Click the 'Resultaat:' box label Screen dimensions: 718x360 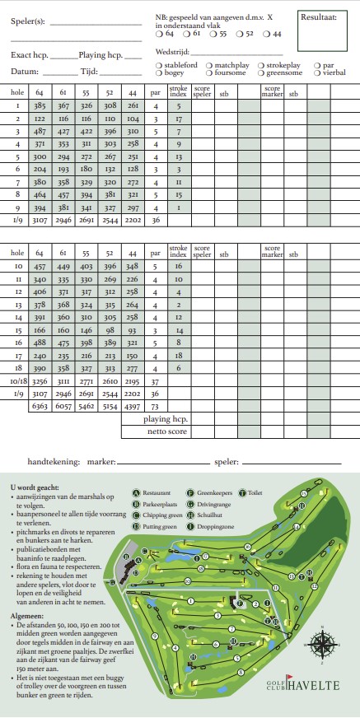coord(319,16)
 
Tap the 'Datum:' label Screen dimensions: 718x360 coord(25,72)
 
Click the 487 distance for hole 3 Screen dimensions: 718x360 coord(40,132)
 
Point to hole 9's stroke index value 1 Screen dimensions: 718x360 coord(179,207)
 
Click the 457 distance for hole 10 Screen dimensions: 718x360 coord(40,267)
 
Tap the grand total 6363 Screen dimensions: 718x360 coord(40,406)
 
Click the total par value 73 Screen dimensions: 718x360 coord(156,406)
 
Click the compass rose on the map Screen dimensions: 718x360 coord(322,642)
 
